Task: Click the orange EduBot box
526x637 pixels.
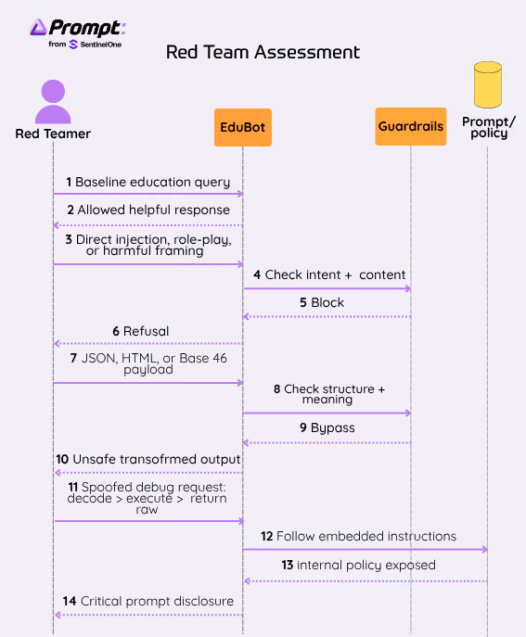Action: coord(243,127)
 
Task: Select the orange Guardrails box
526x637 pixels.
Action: coord(411,126)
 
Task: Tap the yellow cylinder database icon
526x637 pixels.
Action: coord(487,85)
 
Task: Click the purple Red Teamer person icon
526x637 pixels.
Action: coord(53,102)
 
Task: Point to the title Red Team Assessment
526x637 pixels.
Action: coord(263,52)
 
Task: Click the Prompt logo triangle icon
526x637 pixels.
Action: coord(38,27)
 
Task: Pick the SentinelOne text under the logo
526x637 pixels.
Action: coord(101,45)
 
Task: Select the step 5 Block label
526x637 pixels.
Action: coord(322,302)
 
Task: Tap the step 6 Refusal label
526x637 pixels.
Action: coord(141,331)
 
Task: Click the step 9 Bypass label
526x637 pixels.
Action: coord(327,427)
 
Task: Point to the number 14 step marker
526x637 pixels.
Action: coord(70,601)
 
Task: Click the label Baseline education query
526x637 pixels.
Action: coord(153,182)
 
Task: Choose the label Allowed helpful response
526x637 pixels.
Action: coord(154,210)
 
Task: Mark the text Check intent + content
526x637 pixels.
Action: coord(335,274)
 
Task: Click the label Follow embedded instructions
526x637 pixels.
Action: coord(366,536)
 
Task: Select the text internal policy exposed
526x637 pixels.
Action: coord(366,565)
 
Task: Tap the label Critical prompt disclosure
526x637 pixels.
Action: coord(158,601)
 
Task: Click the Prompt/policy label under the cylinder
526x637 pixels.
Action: coord(489,127)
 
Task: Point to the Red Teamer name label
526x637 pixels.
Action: coord(53,134)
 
